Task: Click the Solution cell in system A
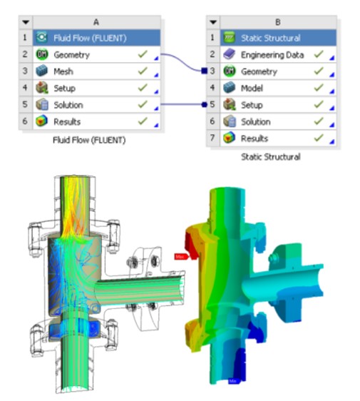pos(69,105)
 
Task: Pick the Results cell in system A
pos(68,122)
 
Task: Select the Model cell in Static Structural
pos(253,88)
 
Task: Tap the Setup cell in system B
pos(253,105)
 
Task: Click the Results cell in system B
pos(255,138)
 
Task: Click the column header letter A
pos(96,22)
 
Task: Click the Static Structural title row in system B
pos(271,38)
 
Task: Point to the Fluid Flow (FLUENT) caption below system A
pos(89,140)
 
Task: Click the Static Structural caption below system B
pos(270,156)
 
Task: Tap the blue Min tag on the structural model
pos(232,381)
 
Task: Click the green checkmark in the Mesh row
pos(143,71)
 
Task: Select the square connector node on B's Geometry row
pos(204,71)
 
